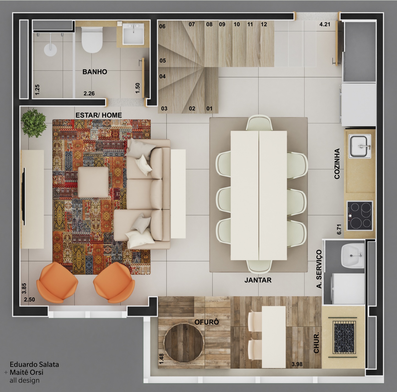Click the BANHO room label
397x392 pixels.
[x=95, y=72]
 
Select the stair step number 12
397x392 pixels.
[x=264, y=24]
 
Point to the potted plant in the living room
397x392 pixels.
[x=34, y=123]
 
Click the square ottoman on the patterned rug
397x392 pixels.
[x=93, y=182]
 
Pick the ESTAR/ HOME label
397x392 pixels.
[x=99, y=115]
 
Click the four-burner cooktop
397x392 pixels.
[x=360, y=216]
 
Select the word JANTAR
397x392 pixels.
[x=258, y=280]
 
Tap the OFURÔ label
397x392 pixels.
[x=207, y=322]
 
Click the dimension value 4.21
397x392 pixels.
[x=325, y=24]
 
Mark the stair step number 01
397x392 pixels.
[x=209, y=108]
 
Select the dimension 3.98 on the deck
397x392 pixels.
[x=297, y=364]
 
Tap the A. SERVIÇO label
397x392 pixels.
[x=319, y=269]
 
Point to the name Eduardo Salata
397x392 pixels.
[x=34, y=364]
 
